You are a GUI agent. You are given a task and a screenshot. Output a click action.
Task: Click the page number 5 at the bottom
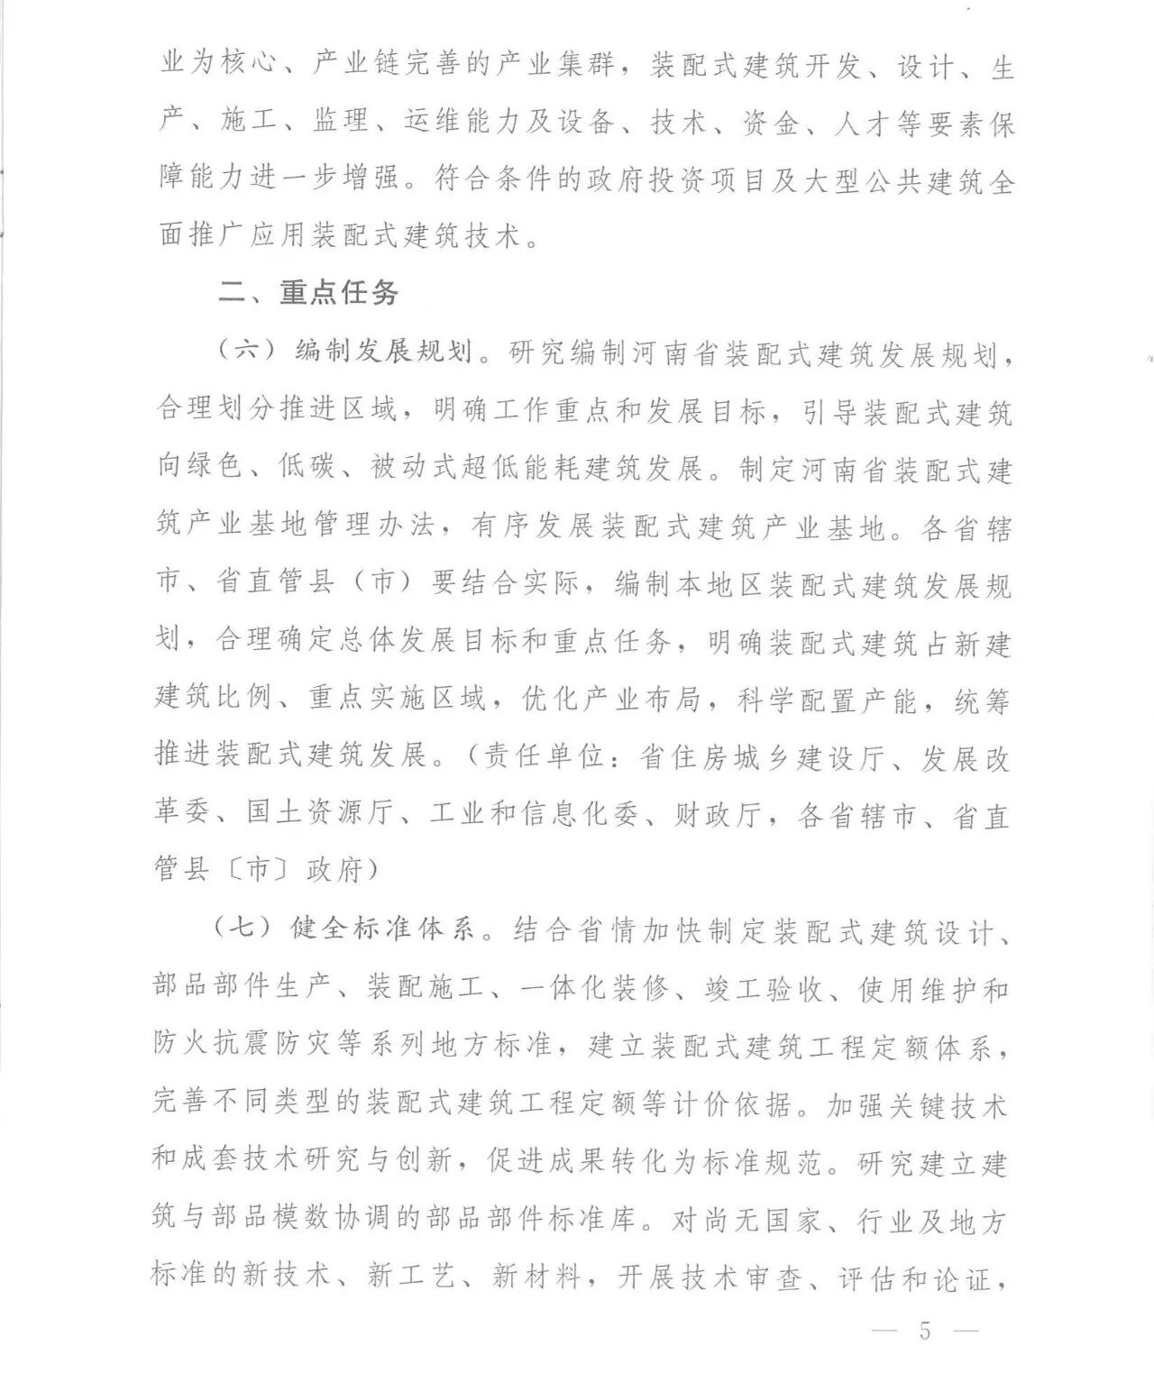[x=925, y=1331]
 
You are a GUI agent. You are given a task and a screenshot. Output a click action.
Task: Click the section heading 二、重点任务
[x=307, y=293]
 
